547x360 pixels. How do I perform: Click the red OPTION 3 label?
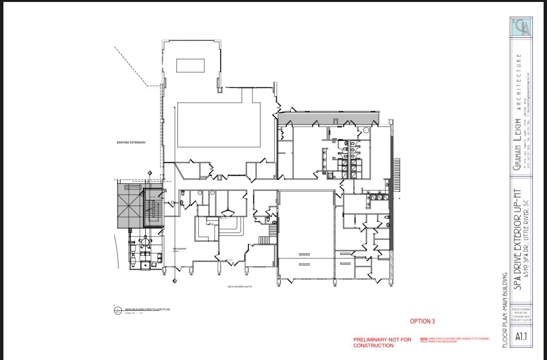(x=423, y=321)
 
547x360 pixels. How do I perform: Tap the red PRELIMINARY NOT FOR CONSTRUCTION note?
(x=382, y=342)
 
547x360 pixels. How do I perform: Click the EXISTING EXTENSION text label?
(x=131, y=143)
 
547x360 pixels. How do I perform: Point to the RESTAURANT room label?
(x=180, y=249)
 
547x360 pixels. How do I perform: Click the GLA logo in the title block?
(x=521, y=27)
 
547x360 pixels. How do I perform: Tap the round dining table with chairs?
(x=145, y=241)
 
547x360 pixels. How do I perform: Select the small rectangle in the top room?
(x=190, y=65)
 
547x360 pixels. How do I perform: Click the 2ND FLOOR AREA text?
(x=240, y=287)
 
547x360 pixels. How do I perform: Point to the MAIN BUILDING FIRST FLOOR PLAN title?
(x=147, y=309)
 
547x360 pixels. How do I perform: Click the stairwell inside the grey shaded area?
(x=153, y=210)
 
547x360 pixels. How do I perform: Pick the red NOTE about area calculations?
(x=455, y=340)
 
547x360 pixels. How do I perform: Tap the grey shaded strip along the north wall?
(x=328, y=119)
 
